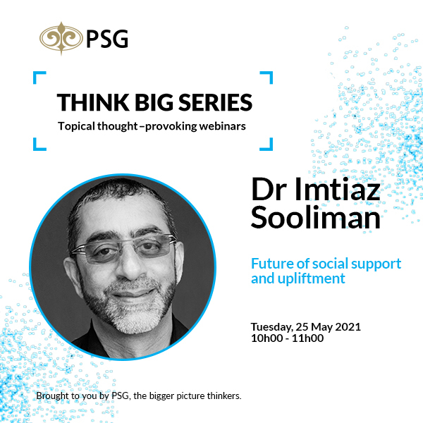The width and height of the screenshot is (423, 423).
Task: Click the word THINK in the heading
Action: tap(90, 102)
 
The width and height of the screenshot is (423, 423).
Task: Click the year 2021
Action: tap(348, 326)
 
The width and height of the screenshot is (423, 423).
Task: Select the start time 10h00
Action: tap(266, 338)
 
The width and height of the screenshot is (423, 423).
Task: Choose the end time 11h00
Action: tap(308, 338)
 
